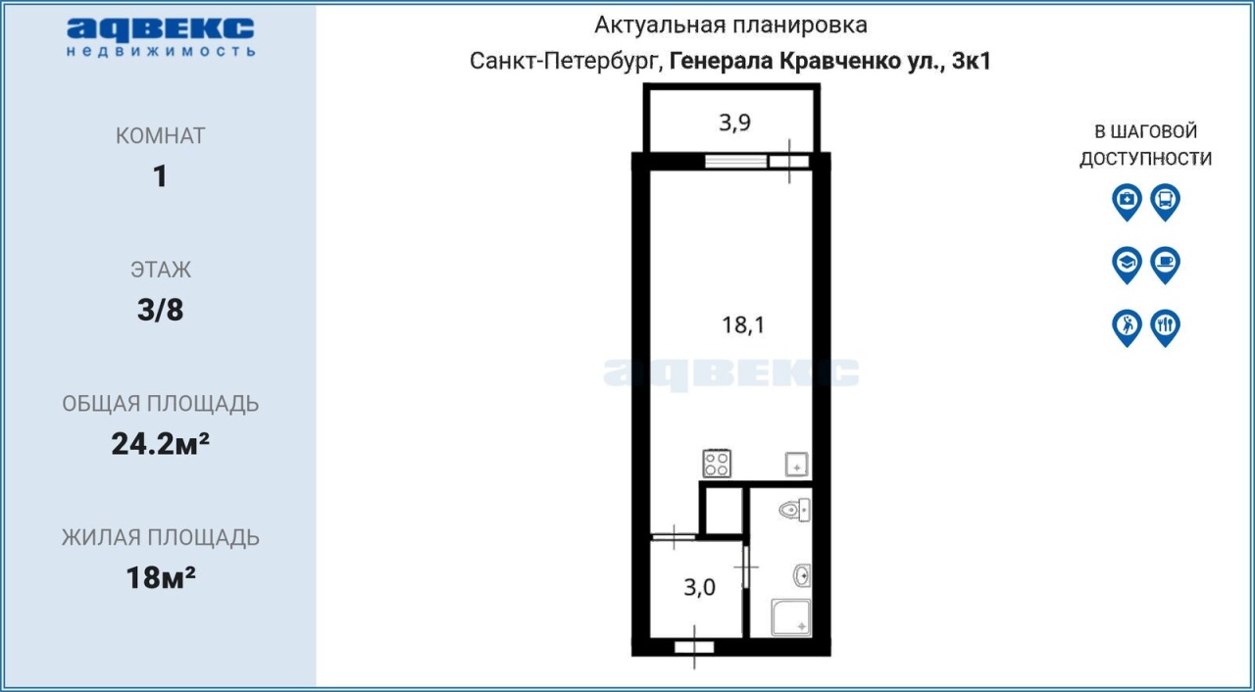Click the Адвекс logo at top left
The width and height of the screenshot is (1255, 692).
coord(161,37)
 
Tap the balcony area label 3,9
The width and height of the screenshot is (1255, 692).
coord(735,123)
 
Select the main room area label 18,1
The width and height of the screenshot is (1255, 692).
coord(743,324)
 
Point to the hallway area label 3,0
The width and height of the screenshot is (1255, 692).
coord(699,587)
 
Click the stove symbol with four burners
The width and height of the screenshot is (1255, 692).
coord(717,464)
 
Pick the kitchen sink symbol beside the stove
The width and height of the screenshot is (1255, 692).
coord(796,465)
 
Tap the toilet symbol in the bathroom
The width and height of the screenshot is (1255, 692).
coord(794,510)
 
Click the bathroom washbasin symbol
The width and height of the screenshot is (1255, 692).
coord(802,575)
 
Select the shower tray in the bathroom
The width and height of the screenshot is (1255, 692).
coord(790,618)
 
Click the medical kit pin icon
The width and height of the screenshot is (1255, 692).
coord(1127,202)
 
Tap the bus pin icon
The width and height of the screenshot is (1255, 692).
coord(1166,202)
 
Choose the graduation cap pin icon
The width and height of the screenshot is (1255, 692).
coord(1127,265)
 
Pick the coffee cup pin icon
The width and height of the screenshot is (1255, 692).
coord(1166,265)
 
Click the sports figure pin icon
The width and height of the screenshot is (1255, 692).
coord(1127,328)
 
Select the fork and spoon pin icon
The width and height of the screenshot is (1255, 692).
coord(1166,328)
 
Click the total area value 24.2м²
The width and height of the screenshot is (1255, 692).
coord(160,444)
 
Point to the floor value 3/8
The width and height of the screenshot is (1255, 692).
coord(160,310)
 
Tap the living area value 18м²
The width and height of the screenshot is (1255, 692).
coord(160,577)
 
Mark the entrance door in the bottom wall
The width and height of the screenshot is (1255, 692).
coord(694,648)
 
